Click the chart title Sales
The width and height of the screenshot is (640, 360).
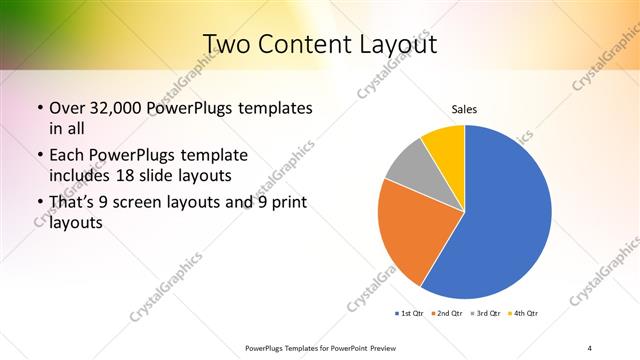[x=465, y=108]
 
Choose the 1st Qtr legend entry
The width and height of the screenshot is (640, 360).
[x=411, y=314]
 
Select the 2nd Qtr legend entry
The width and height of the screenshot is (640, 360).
[x=446, y=314]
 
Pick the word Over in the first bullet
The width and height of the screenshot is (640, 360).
[x=67, y=107]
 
